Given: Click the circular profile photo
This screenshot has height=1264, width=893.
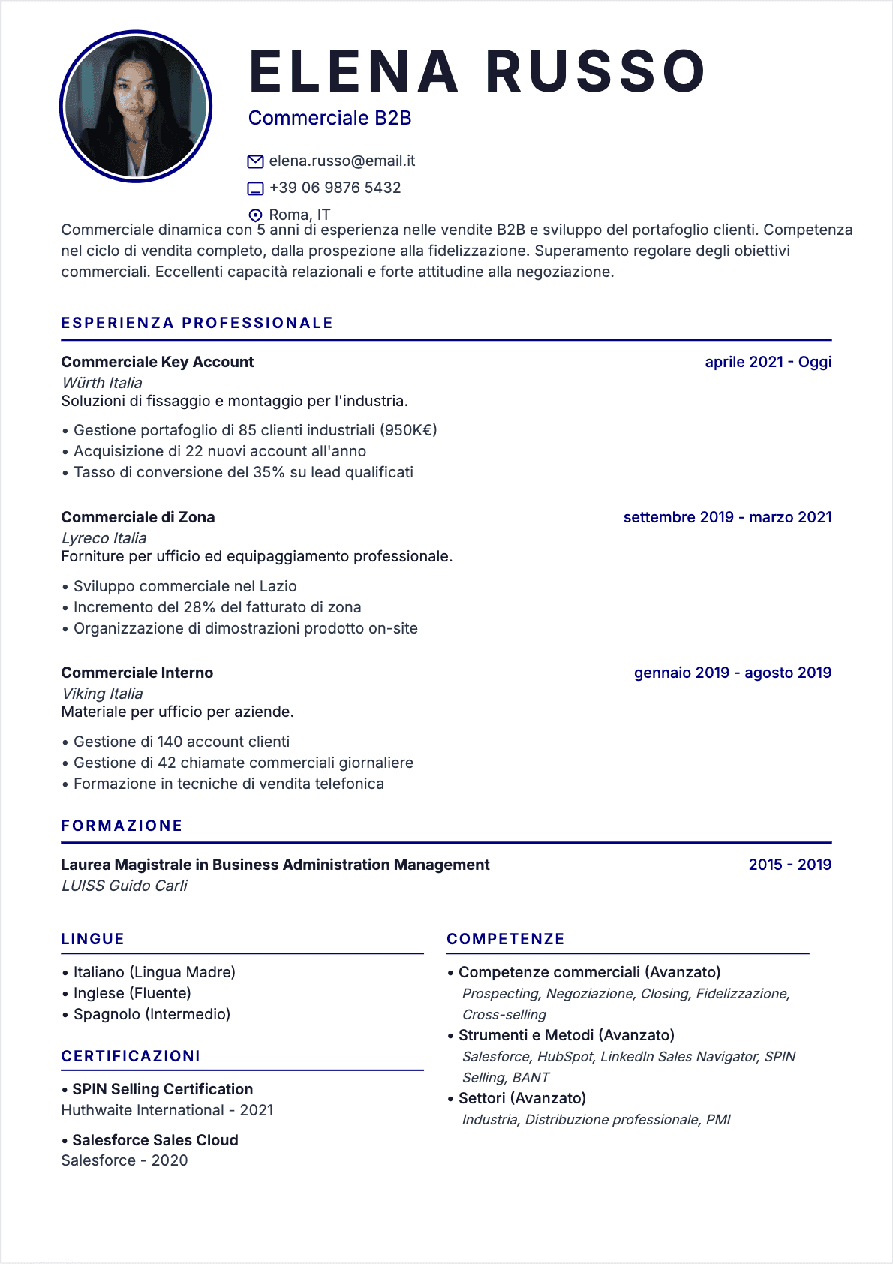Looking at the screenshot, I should [136, 106].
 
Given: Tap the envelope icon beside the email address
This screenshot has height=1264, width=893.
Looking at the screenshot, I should [255, 161].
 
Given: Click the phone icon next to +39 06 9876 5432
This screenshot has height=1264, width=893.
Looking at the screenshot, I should [255, 188].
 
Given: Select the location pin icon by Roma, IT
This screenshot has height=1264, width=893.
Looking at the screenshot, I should [255, 215].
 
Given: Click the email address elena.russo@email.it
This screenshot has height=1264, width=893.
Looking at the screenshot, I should [341, 161].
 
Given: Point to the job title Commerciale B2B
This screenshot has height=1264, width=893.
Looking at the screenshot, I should [329, 118].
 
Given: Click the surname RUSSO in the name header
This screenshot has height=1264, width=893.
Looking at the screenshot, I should [595, 72].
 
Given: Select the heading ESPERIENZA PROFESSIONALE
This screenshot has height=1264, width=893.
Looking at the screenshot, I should [197, 323].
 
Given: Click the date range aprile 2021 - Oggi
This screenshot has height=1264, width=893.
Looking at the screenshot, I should [768, 362].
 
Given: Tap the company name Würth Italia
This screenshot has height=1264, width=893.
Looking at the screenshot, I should [102, 383].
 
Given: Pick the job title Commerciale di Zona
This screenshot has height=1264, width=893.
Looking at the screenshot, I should [138, 517].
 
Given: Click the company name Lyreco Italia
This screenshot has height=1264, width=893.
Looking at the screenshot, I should [104, 538].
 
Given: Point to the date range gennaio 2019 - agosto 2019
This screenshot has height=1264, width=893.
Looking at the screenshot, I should [732, 673].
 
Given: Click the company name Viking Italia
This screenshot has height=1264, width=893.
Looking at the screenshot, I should [102, 694].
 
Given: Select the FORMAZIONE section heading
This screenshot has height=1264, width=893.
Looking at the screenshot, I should [122, 826].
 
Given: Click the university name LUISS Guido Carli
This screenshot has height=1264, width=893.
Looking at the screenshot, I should [125, 886].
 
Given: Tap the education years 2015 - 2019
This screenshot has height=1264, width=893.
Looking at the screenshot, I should [789, 865].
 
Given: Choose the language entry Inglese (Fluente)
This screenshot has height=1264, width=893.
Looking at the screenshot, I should [132, 993].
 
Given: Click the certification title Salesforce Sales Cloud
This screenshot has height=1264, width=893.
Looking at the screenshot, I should [155, 1140].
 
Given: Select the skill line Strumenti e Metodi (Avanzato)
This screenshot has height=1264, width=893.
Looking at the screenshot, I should [567, 1035].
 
